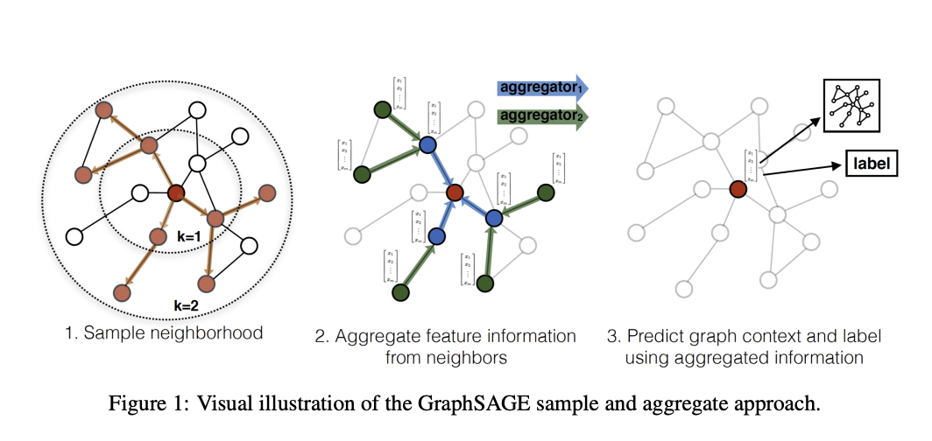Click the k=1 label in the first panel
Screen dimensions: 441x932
187,237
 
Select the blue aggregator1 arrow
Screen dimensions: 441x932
541,87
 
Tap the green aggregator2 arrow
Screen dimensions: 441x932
541,116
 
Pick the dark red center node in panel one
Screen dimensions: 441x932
176,193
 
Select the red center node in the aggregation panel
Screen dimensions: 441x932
455,192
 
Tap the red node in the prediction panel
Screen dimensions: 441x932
738,188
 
